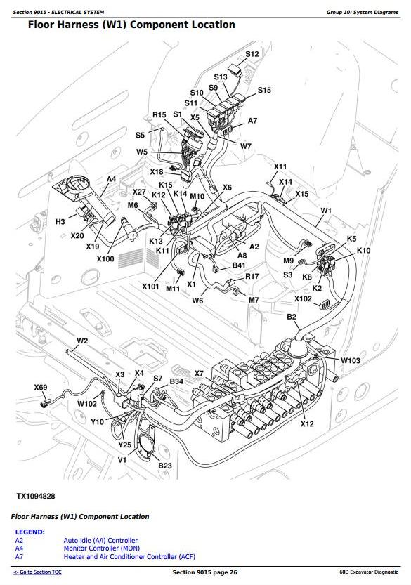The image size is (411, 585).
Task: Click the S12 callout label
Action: pos(252,53)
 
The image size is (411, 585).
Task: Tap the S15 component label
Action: pos(264,90)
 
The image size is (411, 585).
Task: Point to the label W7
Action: pos(246,146)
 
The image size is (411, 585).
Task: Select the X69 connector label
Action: pos(41,387)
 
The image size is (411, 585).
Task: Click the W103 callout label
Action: pos(350,360)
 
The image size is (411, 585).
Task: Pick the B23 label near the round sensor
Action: pos(165,465)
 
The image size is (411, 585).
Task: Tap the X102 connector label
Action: pos(303,299)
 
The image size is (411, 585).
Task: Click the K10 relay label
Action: pos(363,250)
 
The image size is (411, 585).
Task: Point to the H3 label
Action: pos(60,222)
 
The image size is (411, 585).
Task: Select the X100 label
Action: pos(105,258)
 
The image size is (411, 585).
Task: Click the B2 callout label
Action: pos(292,317)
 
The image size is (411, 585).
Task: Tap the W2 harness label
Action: pos(82,341)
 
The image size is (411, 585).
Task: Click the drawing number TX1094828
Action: pos(36,496)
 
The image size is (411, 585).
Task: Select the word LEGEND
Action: pos(30,532)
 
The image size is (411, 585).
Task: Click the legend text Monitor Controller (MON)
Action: pos(102,548)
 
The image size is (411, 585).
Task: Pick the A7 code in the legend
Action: pos(19,557)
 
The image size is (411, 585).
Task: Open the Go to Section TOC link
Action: pos(37,572)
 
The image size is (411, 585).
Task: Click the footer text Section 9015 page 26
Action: pos(204,572)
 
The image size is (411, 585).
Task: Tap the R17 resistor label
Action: pos(252,276)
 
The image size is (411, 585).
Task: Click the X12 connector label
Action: pos(307,423)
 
